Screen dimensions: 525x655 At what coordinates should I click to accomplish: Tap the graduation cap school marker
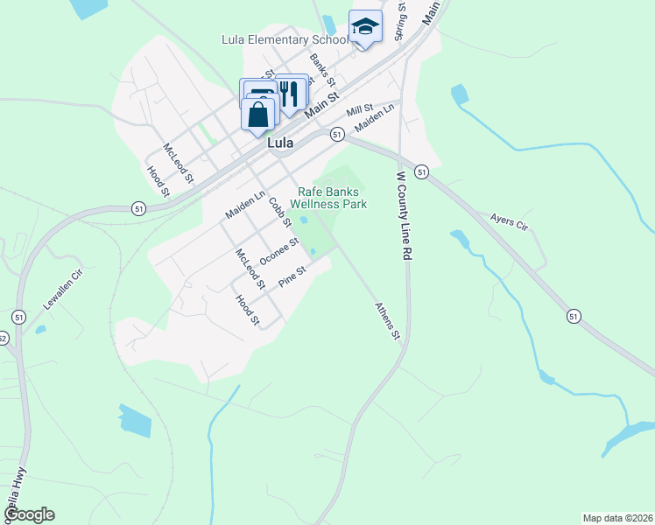(365, 27)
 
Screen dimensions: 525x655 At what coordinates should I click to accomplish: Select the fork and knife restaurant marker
(291, 91)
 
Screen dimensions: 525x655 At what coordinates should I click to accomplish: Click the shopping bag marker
(258, 115)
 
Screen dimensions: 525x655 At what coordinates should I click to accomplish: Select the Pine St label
(291, 278)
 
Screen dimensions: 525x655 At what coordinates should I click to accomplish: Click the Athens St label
(387, 321)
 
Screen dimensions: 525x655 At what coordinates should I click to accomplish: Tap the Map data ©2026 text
(618, 518)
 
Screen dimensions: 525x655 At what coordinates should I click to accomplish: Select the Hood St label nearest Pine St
(248, 310)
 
